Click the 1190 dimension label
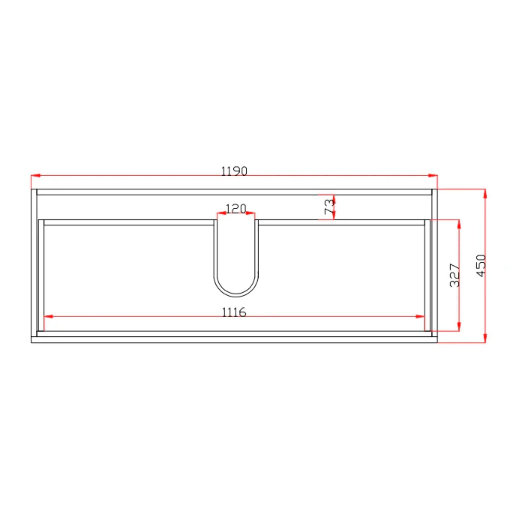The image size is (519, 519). tap(234, 171)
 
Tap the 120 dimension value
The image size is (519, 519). tap(236, 209)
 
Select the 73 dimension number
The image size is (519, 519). tap(329, 207)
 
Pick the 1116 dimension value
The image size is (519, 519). tap(234, 312)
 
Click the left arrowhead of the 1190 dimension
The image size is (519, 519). tap(35, 176)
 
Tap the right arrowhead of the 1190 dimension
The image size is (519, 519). tap(433, 176)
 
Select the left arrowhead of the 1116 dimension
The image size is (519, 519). tap(48, 317)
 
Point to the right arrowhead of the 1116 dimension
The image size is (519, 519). tap(420, 317)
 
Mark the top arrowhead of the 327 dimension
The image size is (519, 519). tap(459, 224)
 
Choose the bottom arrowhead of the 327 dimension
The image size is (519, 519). tap(459, 326)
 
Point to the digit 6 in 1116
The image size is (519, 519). tap(243, 312)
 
